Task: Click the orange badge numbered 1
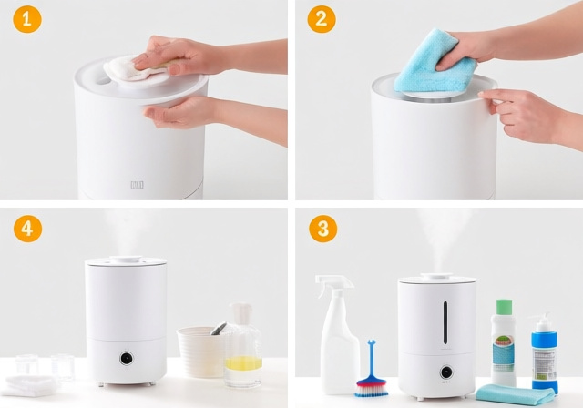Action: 27,18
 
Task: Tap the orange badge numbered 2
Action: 321,18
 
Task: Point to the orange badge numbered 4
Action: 27,228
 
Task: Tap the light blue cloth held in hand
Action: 435,62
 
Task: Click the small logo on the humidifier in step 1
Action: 137,186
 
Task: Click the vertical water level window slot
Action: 445,323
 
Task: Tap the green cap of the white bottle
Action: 504,307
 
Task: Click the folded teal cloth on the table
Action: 515,393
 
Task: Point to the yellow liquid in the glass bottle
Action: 243,363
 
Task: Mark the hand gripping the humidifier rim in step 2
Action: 524,114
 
